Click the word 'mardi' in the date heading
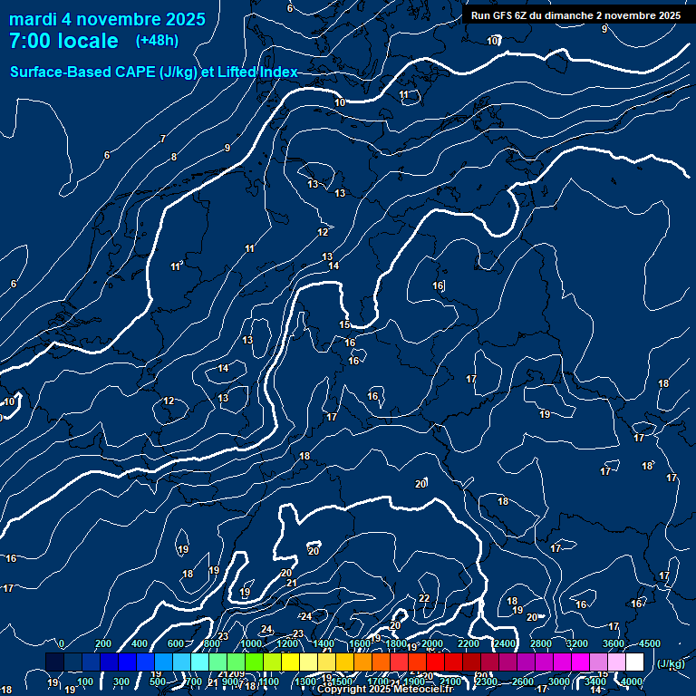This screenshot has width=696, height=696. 33,19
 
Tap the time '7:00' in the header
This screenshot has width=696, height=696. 30,41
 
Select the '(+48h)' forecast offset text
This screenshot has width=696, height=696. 157,41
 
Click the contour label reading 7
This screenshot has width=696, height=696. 163,139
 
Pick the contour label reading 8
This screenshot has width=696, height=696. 174,157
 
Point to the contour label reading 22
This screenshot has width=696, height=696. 424,598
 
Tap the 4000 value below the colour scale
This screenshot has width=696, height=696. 632,681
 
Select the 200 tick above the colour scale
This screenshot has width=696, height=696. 103,643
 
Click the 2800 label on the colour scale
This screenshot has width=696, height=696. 540,643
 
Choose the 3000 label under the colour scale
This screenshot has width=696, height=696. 559,681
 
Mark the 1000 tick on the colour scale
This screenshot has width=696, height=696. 251,643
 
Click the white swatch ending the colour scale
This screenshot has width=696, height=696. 634,662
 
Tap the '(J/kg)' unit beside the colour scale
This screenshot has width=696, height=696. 670,663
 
